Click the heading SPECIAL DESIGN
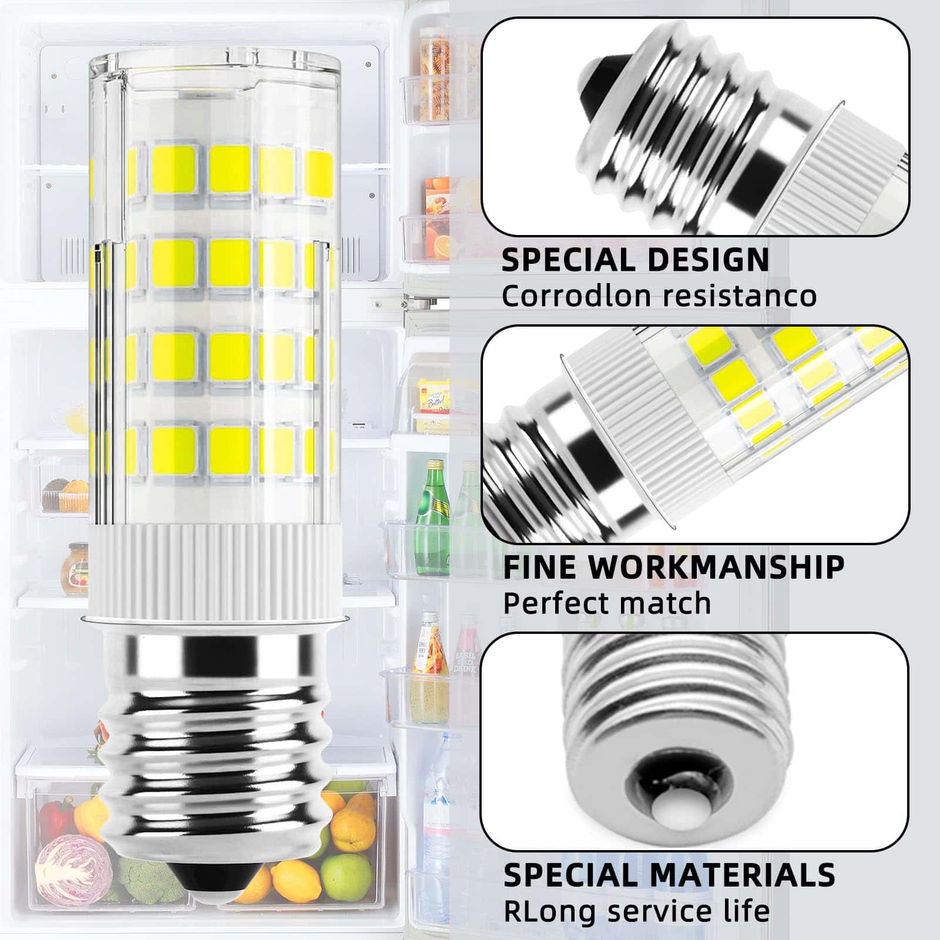click(635, 259)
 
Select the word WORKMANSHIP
click(717, 567)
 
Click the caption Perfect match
click(607, 603)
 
